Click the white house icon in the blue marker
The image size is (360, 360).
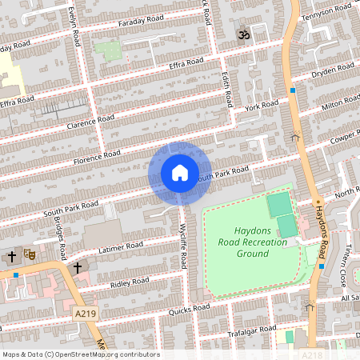coord(180,173)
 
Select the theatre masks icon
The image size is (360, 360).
coord(30,255)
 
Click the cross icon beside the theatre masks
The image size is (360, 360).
coord(12,257)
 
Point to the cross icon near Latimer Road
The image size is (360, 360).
coord(78,266)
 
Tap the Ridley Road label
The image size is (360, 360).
coord(130,282)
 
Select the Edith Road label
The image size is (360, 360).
coord(227,90)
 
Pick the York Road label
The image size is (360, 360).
coord(262,106)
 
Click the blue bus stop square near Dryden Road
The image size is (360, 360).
coord(294,90)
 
